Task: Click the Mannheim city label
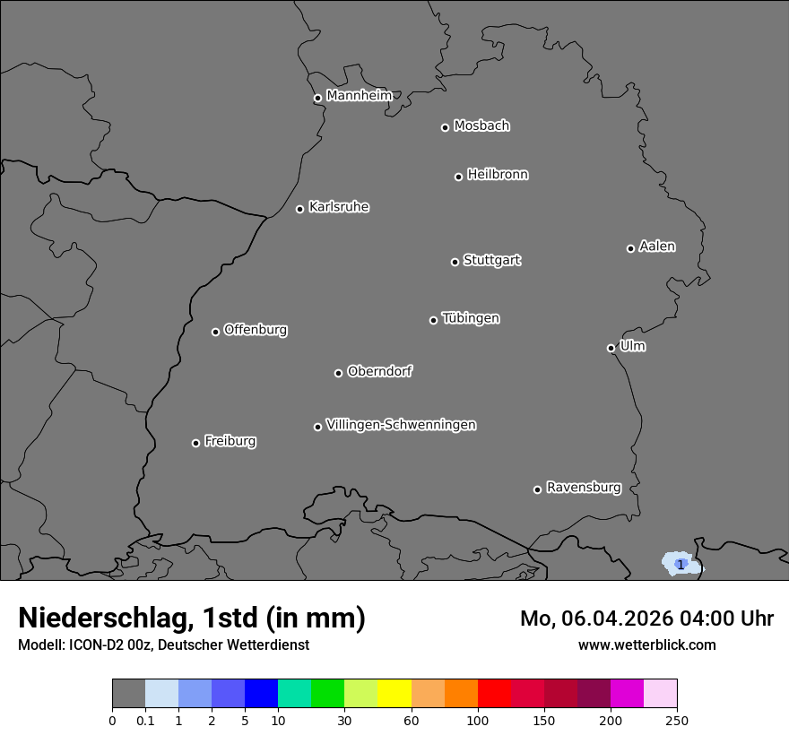[x=359, y=96]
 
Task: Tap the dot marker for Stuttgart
[x=455, y=262]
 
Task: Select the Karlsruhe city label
[x=338, y=207]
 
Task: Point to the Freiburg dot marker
[x=195, y=443]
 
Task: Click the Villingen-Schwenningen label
[x=401, y=425]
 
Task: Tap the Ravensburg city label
[x=583, y=488]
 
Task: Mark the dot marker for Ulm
[x=611, y=348]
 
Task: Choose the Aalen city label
[x=657, y=247]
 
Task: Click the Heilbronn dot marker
[x=458, y=177]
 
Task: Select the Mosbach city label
[x=481, y=126]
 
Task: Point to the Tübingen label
[x=471, y=318]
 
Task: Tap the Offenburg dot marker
[x=215, y=332]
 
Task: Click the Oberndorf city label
[x=379, y=371]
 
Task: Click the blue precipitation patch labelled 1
[x=681, y=564]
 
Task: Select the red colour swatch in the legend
[x=494, y=694]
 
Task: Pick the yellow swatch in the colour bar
[x=394, y=694]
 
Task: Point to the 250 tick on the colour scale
[x=677, y=720]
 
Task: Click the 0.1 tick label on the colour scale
[x=145, y=720]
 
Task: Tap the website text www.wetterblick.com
[x=646, y=645]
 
